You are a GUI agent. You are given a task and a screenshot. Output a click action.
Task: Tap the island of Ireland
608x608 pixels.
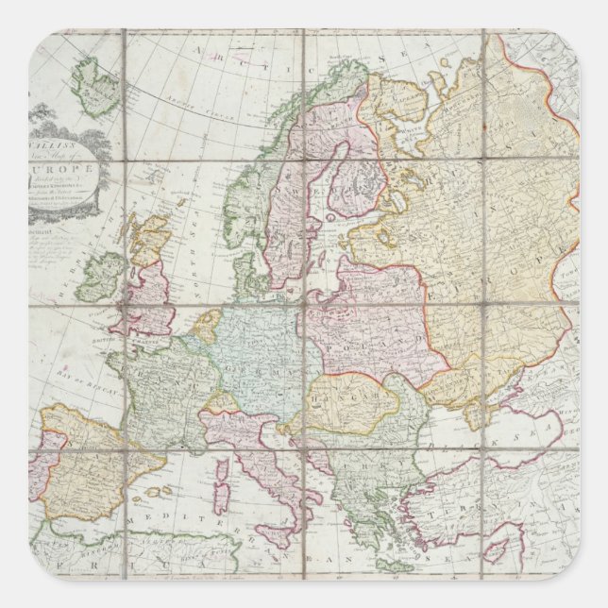pyautogui.click(x=102, y=275)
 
